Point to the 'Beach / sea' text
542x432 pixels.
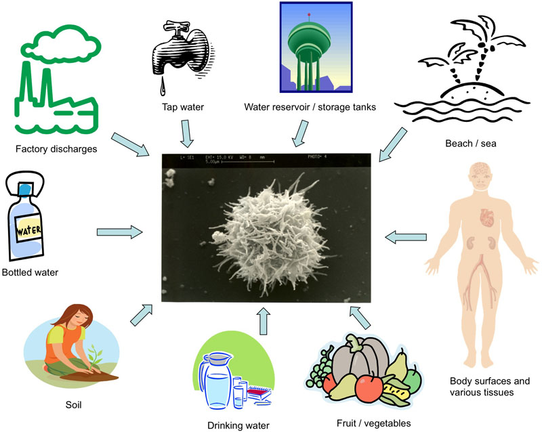point(468,143)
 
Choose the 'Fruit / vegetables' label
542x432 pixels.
point(374,424)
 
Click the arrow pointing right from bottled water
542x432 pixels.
point(119,232)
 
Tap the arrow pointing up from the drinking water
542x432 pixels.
point(264,318)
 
